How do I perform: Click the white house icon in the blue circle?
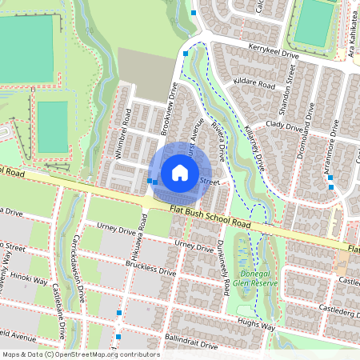pyautogui.click(x=180, y=172)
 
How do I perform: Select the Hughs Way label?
pyautogui.click(x=257, y=326)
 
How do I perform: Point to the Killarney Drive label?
pyautogui.click(x=253, y=145)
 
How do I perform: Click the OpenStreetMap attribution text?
pyautogui.click(x=80, y=354)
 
